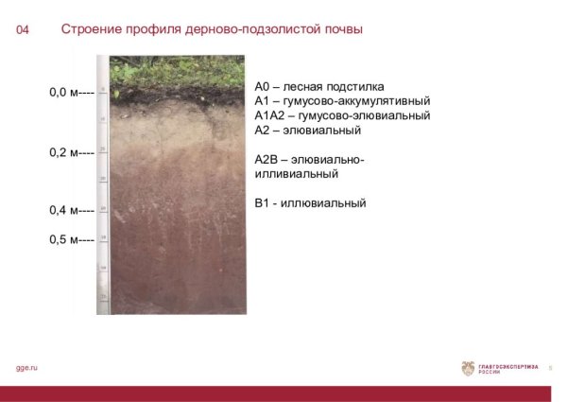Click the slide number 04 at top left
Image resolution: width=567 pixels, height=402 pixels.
[23, 30]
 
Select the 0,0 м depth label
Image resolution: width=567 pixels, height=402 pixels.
[71, 93]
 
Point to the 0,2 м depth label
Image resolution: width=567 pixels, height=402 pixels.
[71, 151]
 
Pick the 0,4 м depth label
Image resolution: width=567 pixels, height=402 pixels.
[71, 210]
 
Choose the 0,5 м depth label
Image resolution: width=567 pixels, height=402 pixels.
[71, 239]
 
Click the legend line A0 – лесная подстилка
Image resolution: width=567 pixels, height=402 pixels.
[319, 85]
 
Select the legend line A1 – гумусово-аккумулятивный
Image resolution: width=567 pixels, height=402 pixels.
[342, 100]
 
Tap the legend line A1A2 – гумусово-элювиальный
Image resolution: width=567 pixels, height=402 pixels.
[342, 115]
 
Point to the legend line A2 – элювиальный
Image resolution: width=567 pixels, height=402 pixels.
[308, 131]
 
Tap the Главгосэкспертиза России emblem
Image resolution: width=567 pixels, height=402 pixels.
[468, 368]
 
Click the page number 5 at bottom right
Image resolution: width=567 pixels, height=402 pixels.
[551, 368]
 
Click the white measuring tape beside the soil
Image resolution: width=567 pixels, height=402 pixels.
[103, 189]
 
